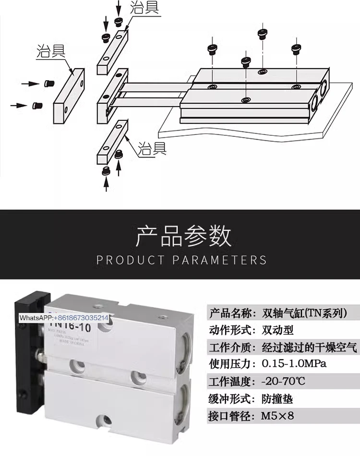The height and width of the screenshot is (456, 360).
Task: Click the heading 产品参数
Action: click(184, 235)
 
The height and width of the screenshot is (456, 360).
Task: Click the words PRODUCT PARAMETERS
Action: click(181, 260)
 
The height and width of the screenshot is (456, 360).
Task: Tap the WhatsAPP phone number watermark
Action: click(64, 318)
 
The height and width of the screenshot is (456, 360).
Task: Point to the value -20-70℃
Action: click(283, 382)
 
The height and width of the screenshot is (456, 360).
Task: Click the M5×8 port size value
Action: click(277, 416)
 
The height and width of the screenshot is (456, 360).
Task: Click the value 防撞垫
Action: click(277, 398)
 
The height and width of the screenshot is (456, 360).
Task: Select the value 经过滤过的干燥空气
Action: click(310, 347)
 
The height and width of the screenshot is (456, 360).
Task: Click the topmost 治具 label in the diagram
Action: click(145, 8)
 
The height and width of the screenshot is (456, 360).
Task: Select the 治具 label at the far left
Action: click(51, 51)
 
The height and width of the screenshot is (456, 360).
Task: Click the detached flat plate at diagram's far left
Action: click(68, 95)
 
